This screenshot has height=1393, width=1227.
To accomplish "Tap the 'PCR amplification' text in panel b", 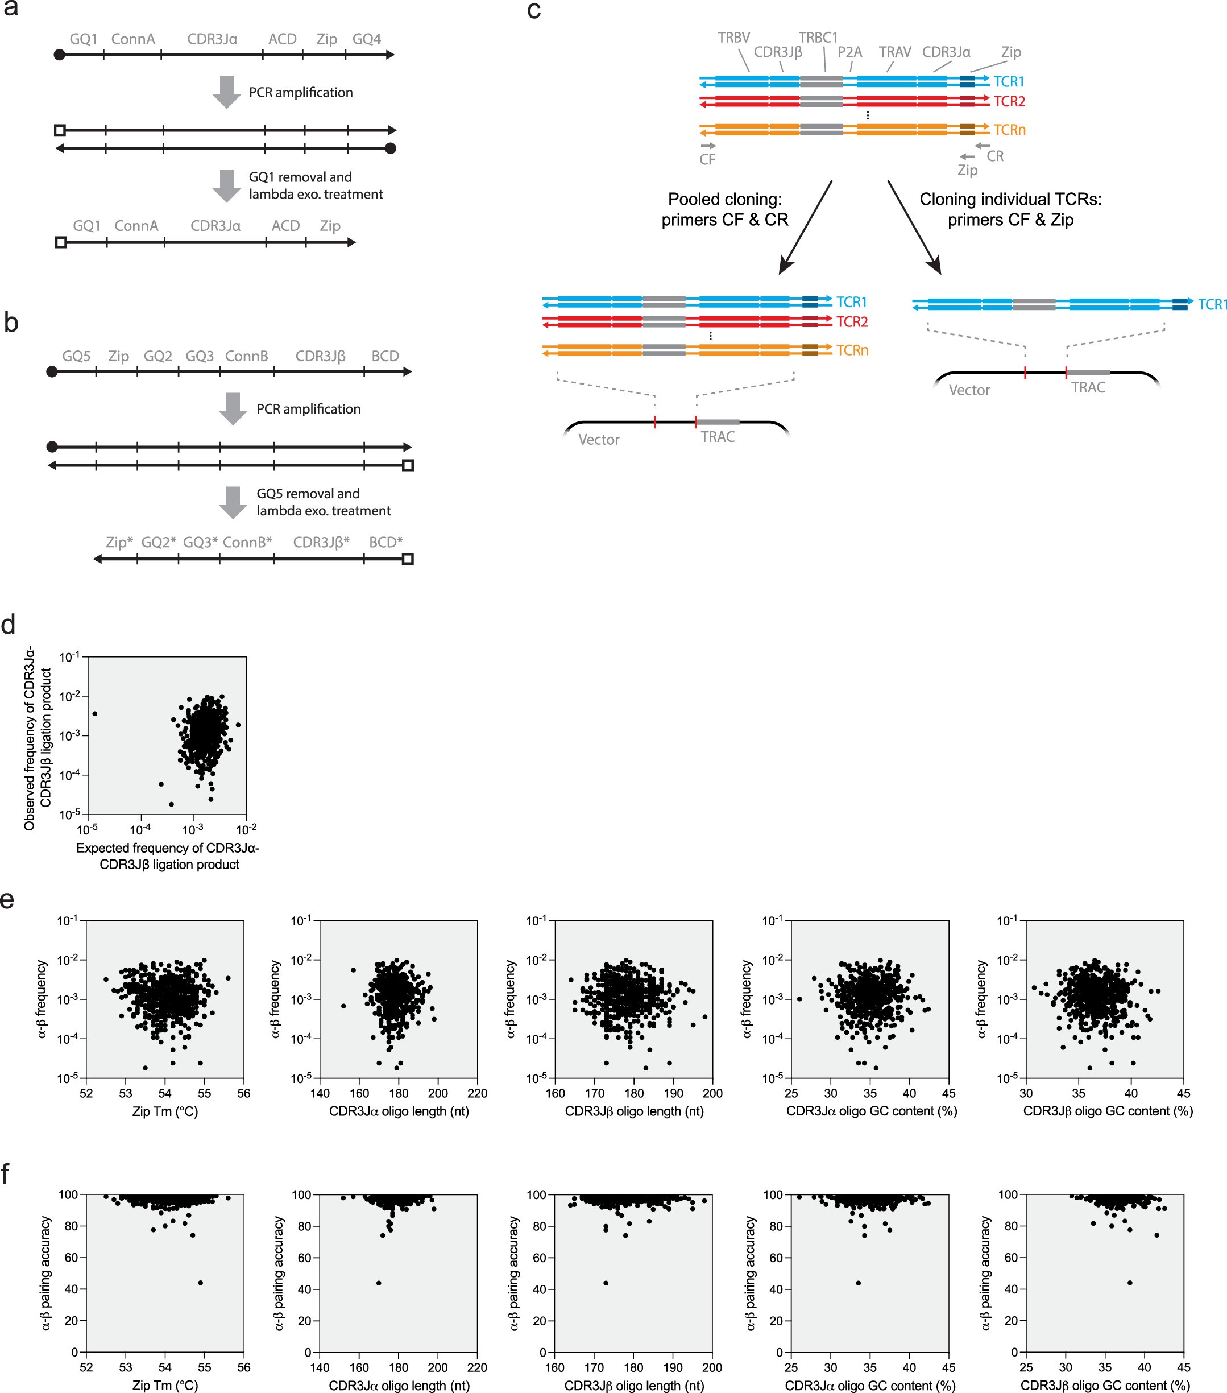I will (x=308, y=409).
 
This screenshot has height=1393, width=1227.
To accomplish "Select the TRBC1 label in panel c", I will (x=818, y=38).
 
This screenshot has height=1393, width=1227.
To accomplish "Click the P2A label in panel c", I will (x=849, y=52).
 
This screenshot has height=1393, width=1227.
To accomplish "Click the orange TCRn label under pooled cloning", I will (x=852, y=350).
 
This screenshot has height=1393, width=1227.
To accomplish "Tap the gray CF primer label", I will (x=707, y=159).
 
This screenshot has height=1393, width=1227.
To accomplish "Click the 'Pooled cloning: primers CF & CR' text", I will (x=724, y=209).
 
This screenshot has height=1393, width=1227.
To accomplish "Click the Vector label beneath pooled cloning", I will (x=598, y=440).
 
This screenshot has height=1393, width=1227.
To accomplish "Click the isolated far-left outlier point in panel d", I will (x=95, y=713).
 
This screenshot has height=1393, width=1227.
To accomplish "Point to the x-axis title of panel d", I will (x=168, y=856).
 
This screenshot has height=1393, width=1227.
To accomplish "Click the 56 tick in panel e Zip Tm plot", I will (x=243, y=1093).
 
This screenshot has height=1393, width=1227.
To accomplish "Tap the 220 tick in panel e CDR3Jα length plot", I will (x=477, y=1093).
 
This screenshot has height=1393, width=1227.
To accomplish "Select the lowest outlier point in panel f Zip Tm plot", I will (x=200, y=1283).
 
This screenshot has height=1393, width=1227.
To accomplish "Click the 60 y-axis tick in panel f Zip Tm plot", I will (x=71, y=1258).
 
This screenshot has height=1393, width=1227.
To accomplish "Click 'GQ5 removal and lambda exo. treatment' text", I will (x=323, y=502).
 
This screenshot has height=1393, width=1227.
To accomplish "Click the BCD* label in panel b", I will (x=385, y=543).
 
